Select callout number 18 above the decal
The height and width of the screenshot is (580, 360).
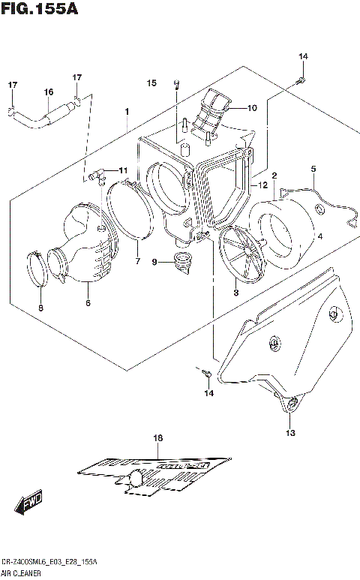point(157,437)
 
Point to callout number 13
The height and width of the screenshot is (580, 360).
point(289,433)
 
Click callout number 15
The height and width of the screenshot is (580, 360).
point(151,83)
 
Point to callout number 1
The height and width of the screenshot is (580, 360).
point(127,112)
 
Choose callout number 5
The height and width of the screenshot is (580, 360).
point(313,169)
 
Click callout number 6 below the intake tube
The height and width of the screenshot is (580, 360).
point(88,303)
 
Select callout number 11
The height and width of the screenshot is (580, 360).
point(123,170)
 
